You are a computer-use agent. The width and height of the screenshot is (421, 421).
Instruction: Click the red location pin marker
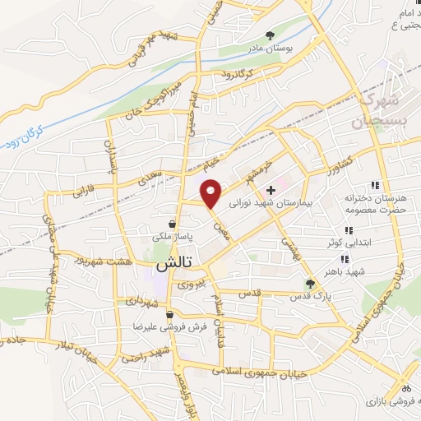212,192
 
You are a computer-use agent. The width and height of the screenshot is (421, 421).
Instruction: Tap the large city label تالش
173,265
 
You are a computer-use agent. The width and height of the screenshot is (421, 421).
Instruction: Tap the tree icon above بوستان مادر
271,34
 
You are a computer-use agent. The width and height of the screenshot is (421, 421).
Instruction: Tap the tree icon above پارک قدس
310,283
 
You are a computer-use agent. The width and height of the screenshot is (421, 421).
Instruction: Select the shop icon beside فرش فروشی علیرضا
169,314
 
